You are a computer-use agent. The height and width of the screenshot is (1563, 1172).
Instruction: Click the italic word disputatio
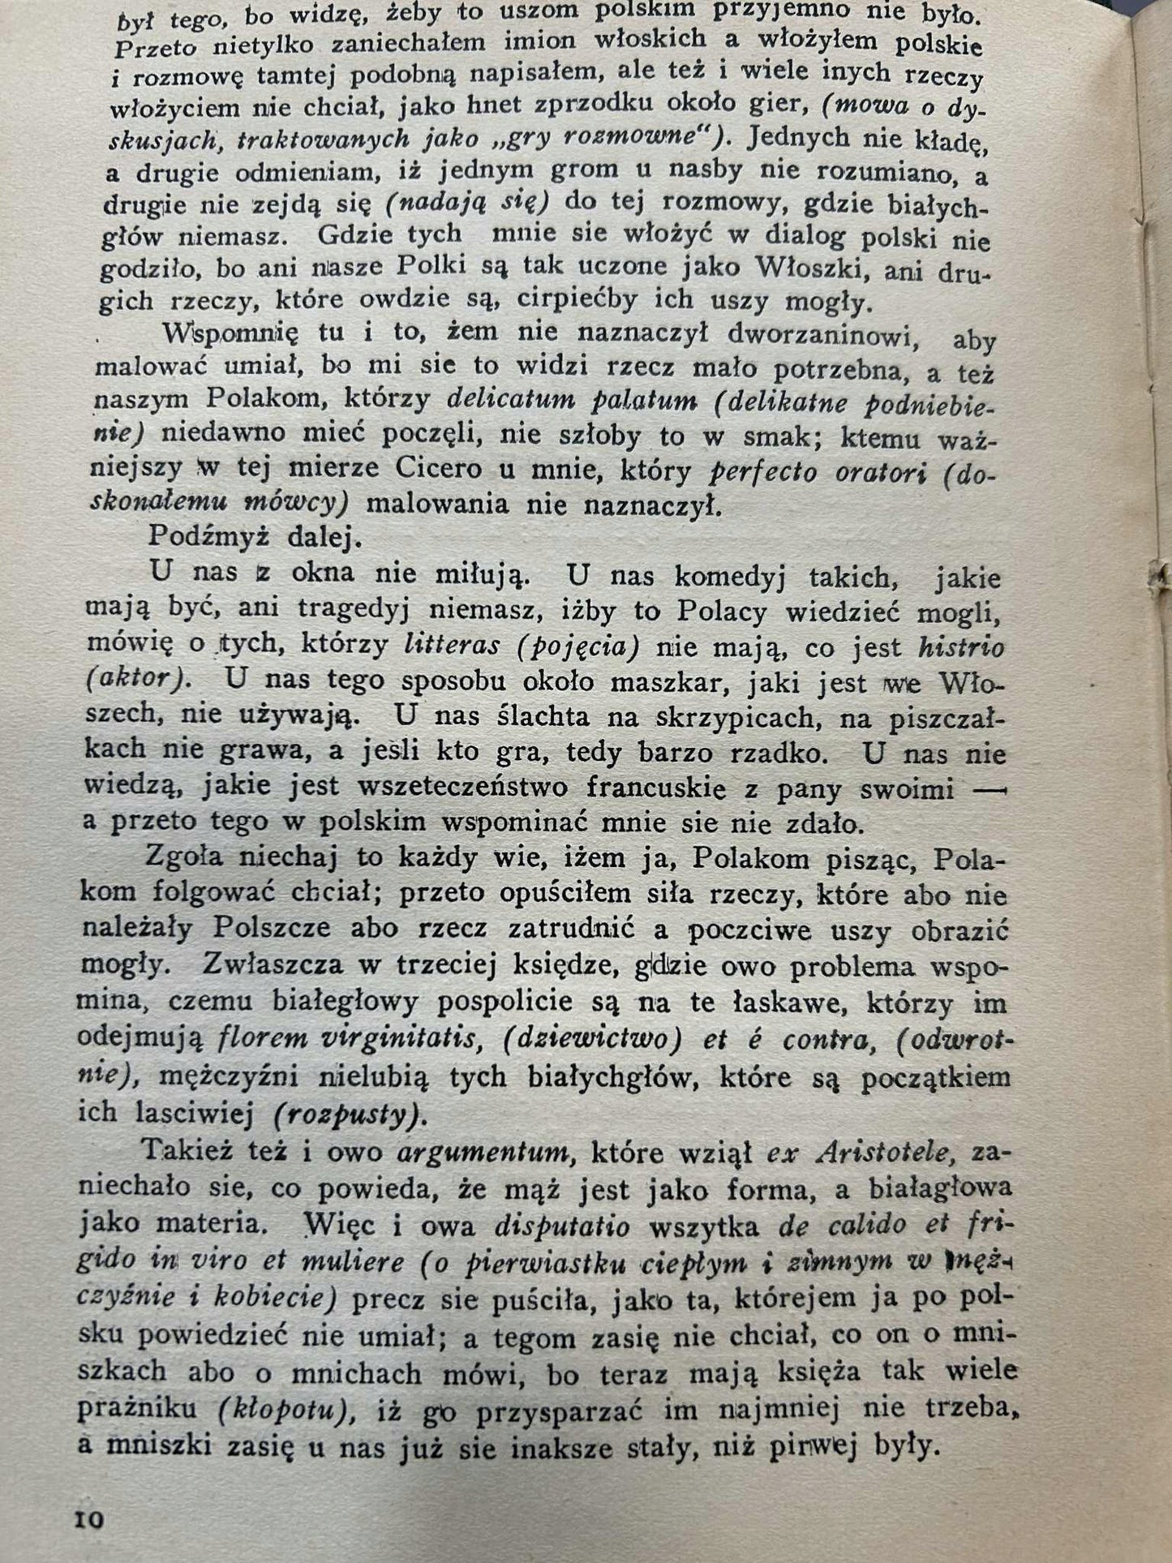tap(562, 1224)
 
